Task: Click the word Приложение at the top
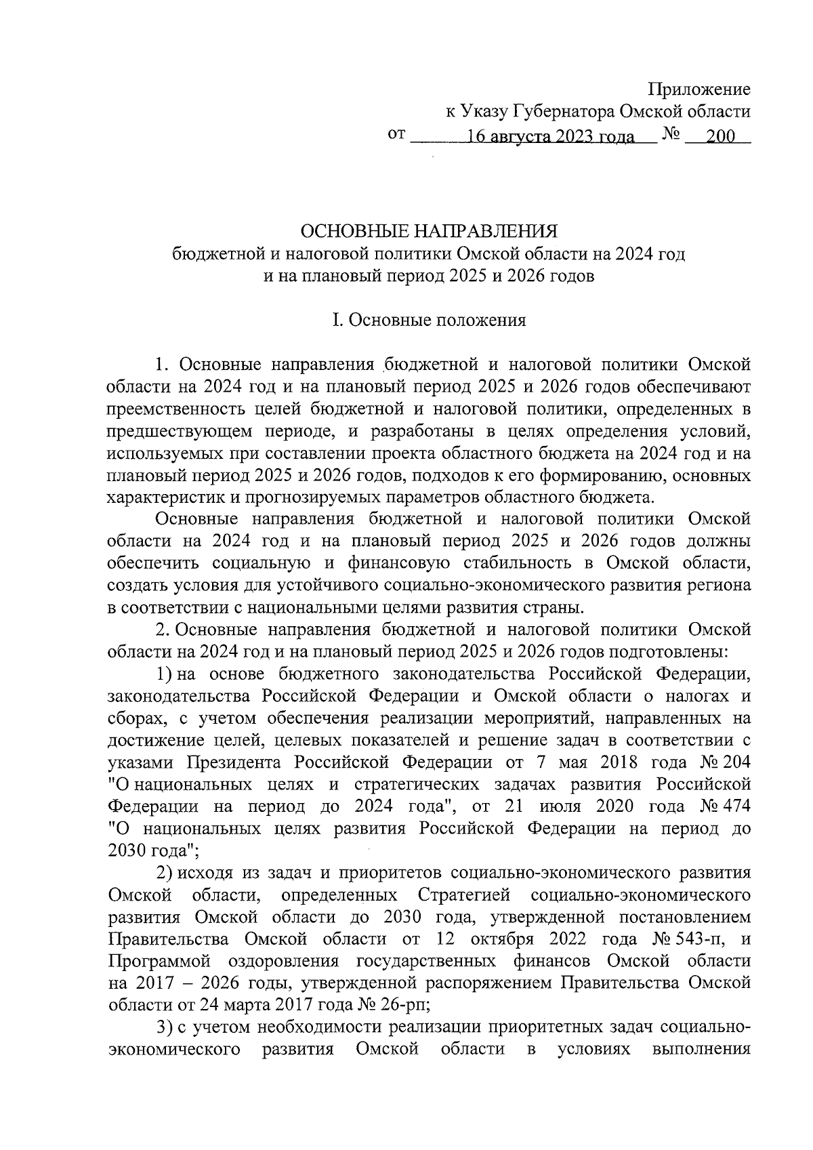(x=699, y=89)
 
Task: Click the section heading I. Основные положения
(x=428, y=321)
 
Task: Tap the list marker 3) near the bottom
(x=165, y=1027)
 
